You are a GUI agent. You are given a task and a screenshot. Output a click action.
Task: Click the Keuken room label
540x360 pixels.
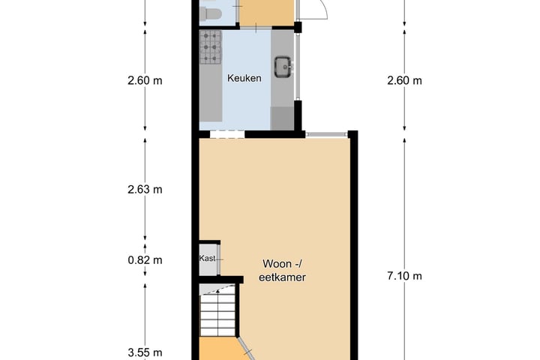[244, 78]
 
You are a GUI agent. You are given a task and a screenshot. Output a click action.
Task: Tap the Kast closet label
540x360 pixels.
[207, 258]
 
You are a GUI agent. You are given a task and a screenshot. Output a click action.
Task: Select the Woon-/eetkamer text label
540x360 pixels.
[282, 271]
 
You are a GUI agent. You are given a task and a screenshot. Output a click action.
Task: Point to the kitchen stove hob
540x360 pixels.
[211, 47]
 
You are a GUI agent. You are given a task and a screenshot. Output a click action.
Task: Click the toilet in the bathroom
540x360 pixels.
[210, 14]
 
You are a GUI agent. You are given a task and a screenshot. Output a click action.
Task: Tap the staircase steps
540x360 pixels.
[218, 313]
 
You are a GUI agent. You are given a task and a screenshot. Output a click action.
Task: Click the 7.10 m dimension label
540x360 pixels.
[404, 276]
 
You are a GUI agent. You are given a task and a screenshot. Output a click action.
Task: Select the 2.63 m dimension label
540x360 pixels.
[145, 190]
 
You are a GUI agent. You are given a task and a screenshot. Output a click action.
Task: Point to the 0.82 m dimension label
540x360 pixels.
[145, 260]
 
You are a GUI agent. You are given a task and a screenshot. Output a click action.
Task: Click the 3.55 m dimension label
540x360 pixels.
[145, 352]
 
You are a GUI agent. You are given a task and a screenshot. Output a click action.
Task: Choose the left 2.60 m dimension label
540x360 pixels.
[145, 80]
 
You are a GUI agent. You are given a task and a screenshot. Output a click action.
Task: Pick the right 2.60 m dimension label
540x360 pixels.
[404, 80]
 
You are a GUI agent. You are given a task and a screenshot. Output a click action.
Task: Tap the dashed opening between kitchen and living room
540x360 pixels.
[227, 135]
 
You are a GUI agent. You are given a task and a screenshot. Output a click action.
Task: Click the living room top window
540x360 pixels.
[326, 134]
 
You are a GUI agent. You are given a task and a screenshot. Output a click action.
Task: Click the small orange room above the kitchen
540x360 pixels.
[266, 13]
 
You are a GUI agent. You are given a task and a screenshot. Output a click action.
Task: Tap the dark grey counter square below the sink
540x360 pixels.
[282, 118]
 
